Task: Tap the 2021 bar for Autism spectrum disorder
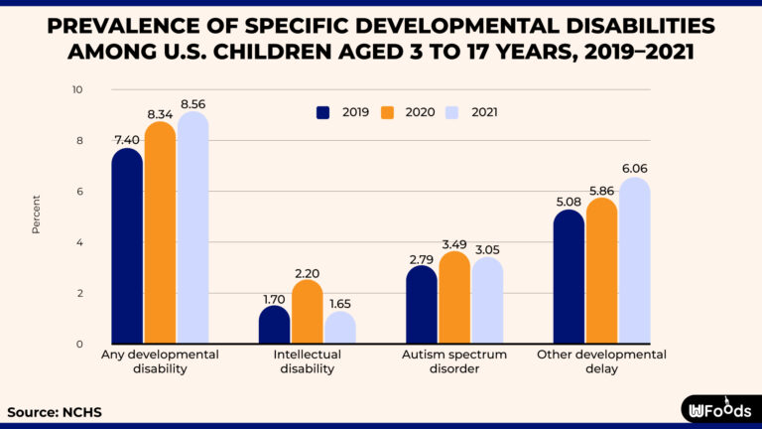486,301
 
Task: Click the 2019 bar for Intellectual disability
275,325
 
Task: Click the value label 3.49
454,243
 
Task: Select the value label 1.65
340,303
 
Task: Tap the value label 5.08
569,202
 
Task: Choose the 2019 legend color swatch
323,112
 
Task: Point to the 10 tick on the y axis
77,90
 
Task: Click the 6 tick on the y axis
79,192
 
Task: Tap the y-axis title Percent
37,215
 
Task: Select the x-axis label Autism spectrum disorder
454,361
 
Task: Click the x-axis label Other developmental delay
601,361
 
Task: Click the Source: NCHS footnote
55,411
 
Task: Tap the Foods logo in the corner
716,408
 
